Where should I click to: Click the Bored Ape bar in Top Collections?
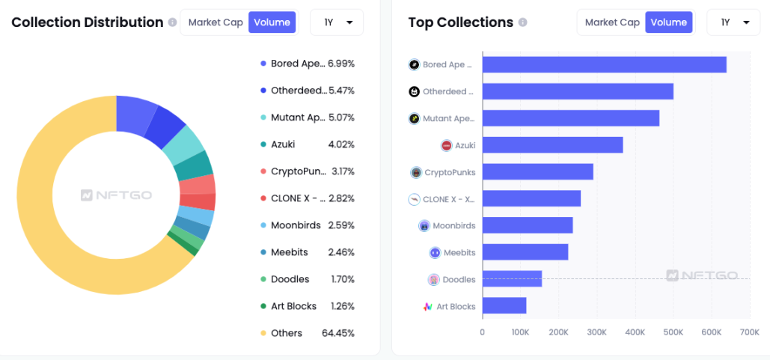[x=604, y=64]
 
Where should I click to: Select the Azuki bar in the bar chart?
[x=552, y=145]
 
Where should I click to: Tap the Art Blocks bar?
[x=504, y=306]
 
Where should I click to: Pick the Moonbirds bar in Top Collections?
[x=528, y=225]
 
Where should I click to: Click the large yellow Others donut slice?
[x=45, y=225]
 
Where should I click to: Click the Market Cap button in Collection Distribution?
[x=216, y=22]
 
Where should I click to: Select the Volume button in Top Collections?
[x=668, y=22]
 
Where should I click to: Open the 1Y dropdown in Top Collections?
[x=734, y=22]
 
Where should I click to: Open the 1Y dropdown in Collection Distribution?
[x=337, y=22]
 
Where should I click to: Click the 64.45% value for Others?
[x=338, y=333]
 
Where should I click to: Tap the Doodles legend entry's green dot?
[x=263, y=279]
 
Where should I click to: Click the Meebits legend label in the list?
[x=290, y=252]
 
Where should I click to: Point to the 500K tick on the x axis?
[x=673, y=332]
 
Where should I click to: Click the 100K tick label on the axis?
[x=520, y=332]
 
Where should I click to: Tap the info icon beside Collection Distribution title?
[x=173, y=22]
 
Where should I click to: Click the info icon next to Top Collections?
[x=523, y=22]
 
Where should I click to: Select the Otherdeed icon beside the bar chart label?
[x=414, y=92]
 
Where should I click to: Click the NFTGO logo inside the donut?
[x=116, y=195]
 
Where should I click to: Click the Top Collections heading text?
[x=460, y=22]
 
